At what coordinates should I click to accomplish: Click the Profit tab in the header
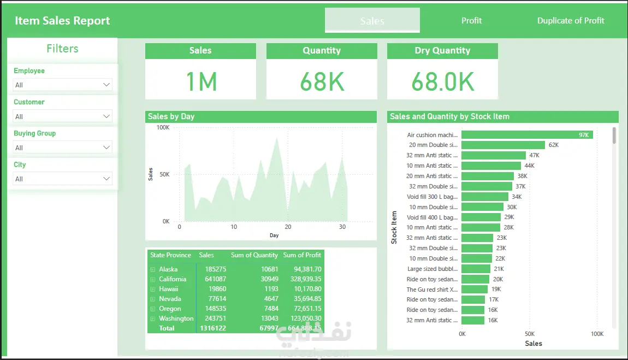471,21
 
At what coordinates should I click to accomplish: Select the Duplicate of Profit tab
571,21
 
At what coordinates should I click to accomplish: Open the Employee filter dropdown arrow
106,85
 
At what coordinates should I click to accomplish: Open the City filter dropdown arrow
106,179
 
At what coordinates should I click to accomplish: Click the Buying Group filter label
35,133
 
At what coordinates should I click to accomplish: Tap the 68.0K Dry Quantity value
442,81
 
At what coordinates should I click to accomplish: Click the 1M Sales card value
201,81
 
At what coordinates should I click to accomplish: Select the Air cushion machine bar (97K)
526,135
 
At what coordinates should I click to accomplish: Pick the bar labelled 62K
503,145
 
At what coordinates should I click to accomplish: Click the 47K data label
534,156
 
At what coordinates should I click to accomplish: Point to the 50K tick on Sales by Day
163,174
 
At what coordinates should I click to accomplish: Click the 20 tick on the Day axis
288,227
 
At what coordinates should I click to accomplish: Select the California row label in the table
173,279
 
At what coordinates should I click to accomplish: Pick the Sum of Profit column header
302,255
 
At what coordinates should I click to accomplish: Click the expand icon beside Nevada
152,299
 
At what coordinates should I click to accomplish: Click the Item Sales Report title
62,21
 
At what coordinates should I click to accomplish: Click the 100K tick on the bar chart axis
596,334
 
